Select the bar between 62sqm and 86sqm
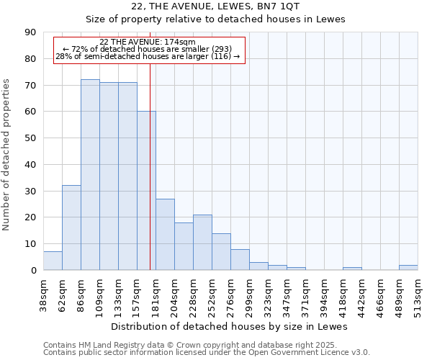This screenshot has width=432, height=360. (x=71, y=228)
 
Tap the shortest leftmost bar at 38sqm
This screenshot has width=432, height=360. (x=53, y=261)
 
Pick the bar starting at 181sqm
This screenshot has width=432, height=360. (x=165, y=235)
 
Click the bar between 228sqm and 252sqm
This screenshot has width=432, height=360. (x=202, y=243)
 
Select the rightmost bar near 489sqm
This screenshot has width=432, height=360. (x=408, y=268)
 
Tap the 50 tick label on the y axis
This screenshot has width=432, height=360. (x=31, y=138)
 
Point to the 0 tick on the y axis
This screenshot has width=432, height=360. (x=34, y=271)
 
